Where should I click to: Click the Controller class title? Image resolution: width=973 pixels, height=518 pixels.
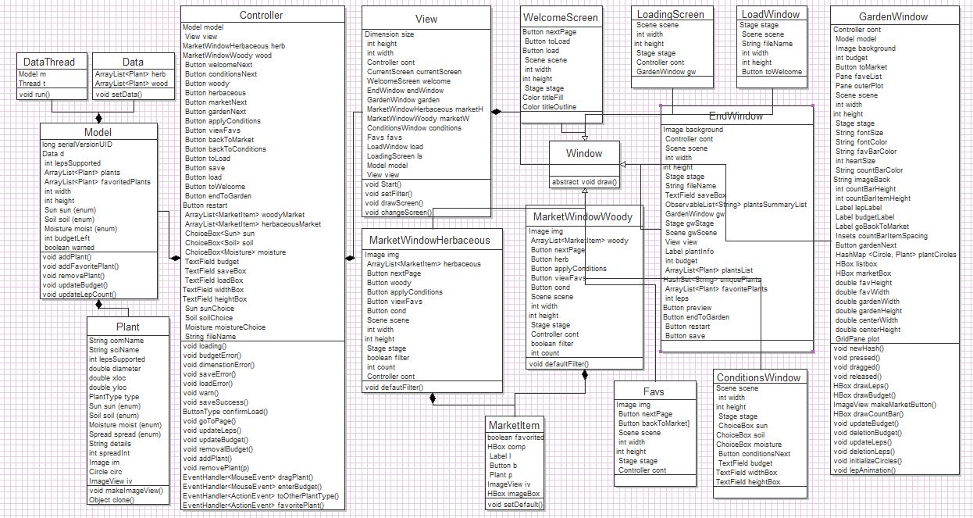261,16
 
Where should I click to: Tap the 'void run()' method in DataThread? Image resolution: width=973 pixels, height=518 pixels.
36,94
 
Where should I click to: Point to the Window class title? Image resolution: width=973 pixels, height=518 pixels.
584,154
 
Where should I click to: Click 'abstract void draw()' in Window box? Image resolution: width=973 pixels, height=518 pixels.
584,180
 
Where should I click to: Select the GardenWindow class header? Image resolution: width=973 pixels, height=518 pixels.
893,16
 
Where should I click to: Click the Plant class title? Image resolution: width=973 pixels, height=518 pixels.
127,327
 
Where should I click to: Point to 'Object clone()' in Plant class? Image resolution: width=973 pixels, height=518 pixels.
112,500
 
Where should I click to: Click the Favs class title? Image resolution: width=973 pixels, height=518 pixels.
654,391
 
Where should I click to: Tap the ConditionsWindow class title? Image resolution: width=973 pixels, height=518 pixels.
758,377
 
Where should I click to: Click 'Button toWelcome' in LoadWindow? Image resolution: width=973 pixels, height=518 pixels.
772,72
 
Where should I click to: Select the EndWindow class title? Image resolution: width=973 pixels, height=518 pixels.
736,116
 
